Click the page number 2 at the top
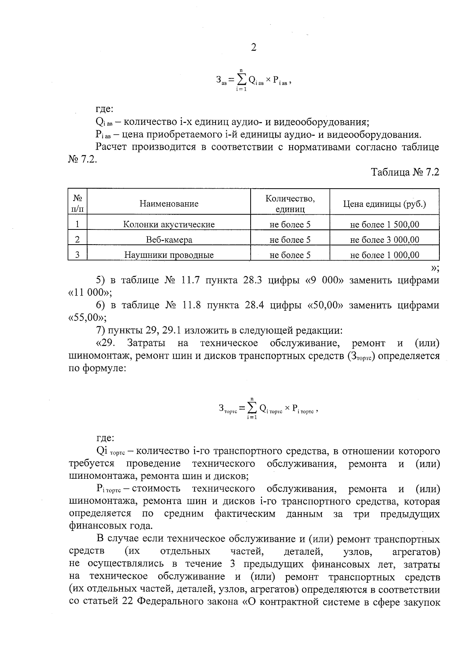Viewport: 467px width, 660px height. (253, 47)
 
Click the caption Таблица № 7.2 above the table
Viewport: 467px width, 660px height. (405, 172)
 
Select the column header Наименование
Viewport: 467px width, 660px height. (169, 204)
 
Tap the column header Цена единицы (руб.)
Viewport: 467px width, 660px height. (384, 204)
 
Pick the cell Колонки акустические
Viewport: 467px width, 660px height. (169, 224)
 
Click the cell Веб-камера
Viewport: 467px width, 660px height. (169, 240)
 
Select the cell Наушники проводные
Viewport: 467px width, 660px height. (169, 255)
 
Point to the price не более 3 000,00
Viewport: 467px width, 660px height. (384, 240)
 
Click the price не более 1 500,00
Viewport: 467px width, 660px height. (384, 224)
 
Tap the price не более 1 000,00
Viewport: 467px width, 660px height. (384, 255)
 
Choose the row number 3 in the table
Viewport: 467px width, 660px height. (77, 255)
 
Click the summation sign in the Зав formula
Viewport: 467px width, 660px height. (241, 80)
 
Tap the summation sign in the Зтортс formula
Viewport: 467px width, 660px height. (252, 408)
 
